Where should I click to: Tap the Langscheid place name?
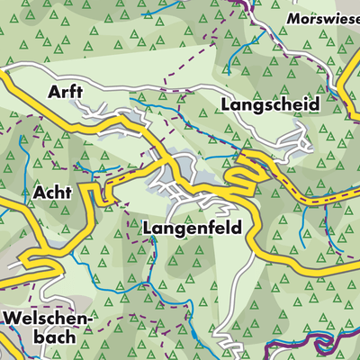pos(269,105)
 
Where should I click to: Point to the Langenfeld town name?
pos(193,229)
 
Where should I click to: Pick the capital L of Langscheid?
pos(224,105)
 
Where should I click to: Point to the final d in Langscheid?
pos(314,104)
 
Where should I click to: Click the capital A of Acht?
pos(40,192)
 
